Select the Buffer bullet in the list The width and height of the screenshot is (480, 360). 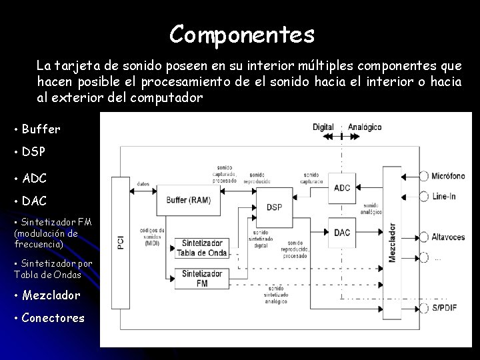[x=41, y=129]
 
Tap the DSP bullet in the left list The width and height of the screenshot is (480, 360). [x=33, y=151]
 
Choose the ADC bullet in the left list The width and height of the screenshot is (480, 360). [x=34, y=178]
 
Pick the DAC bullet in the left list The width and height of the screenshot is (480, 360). [x=34, y=200]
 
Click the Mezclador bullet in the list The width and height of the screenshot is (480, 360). [x=51, y=295]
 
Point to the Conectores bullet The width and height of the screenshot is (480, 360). [x=53, y=317]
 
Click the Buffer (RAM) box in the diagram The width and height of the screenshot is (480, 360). [x=189, y=199]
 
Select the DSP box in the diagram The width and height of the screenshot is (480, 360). [x=274, y=207]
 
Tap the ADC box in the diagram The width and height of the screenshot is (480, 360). [x=342, y=188]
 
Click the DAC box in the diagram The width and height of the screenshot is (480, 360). [x=342, y=233]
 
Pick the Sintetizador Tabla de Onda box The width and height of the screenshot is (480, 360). [x=202, y=248]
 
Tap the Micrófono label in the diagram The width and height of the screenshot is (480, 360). [x=448, y=176]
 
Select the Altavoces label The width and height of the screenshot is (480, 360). [x=447, y=237]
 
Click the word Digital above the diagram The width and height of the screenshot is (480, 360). [x=323, y=127]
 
